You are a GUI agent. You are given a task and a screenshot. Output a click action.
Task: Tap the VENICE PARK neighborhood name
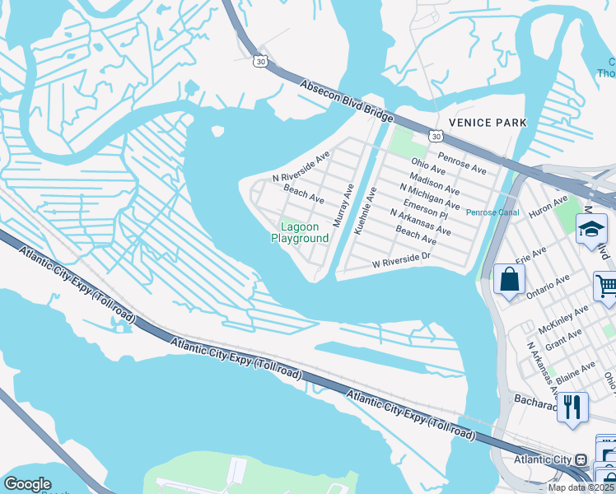tap(488, 123)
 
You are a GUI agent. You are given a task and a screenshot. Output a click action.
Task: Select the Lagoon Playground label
tap(300, 232)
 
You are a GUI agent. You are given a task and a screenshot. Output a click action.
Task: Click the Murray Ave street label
tap(343, 205)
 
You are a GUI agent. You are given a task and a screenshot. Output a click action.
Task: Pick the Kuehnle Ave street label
tap(365, 210)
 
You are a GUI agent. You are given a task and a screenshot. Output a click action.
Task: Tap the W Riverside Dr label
tap(402, 260)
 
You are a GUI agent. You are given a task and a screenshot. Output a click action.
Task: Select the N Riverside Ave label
tap(301, 166)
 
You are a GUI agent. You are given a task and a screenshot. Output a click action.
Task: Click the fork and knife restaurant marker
tap(572, 406)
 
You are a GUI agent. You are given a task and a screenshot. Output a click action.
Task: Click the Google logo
tap(27, 484)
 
